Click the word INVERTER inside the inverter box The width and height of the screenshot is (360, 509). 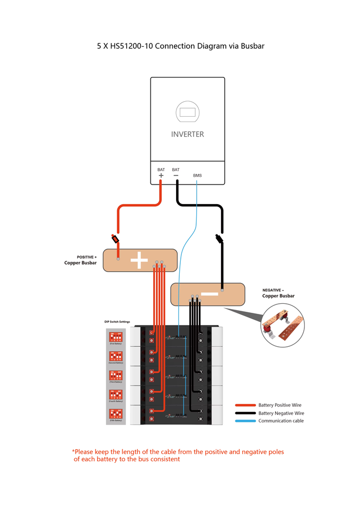pyautogui.click(x=187, y=134)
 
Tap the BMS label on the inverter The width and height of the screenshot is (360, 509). pyautogui.click(x=197, y=175)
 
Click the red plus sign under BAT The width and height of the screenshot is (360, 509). pyautogui.click(x=161, y=175)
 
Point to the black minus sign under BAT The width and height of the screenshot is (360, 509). pyautogui.click(x=176, y=175)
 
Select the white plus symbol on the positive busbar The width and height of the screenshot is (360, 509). pyautogui.click(x=139, y=260)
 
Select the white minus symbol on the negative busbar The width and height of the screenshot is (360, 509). pyautogui.click(x=209, y=294)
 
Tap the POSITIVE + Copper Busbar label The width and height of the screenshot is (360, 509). pyautogui.click(x=81, y=260)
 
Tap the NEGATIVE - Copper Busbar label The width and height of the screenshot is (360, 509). pyautogui.click(x=278, y=293)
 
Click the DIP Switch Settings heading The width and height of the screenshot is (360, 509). pyautogui.click(x=117, y=322)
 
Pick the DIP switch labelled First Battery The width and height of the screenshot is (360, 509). pyautogui.click(x=116, y=337)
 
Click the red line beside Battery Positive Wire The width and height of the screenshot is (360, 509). pyautogui.click(x=245, y=405)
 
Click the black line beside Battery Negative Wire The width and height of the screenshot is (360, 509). pyautogui.click(x=245, y=413)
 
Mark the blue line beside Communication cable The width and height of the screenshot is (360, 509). pyautogui.click(x=245, y=421)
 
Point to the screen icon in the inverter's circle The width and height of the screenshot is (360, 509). pyautogui.click(x=187, y=112)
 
